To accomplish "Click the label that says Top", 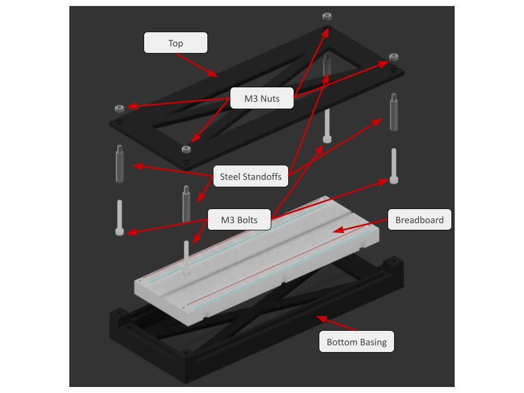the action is click(x=175, y=43).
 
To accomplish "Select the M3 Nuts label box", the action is click(x=262, y=98).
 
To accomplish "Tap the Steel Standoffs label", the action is click(x=251, y=176).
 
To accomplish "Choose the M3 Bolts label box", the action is click(x=239, y=219).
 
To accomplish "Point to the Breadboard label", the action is click(x=419, y=219).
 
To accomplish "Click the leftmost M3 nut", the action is click(x=120, y=108).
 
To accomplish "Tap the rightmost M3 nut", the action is click(x=394, y=57).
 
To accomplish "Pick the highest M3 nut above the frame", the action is click(x=327, y=16).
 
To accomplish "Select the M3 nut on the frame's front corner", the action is click(x=186, y=149).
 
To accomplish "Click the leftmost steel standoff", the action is click(x=120, y=164).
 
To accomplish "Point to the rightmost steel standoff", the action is click(x=394, y=112).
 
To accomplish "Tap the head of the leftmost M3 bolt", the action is click(x=120, y=231).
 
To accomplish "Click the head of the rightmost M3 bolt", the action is click(x=394, y=180).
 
